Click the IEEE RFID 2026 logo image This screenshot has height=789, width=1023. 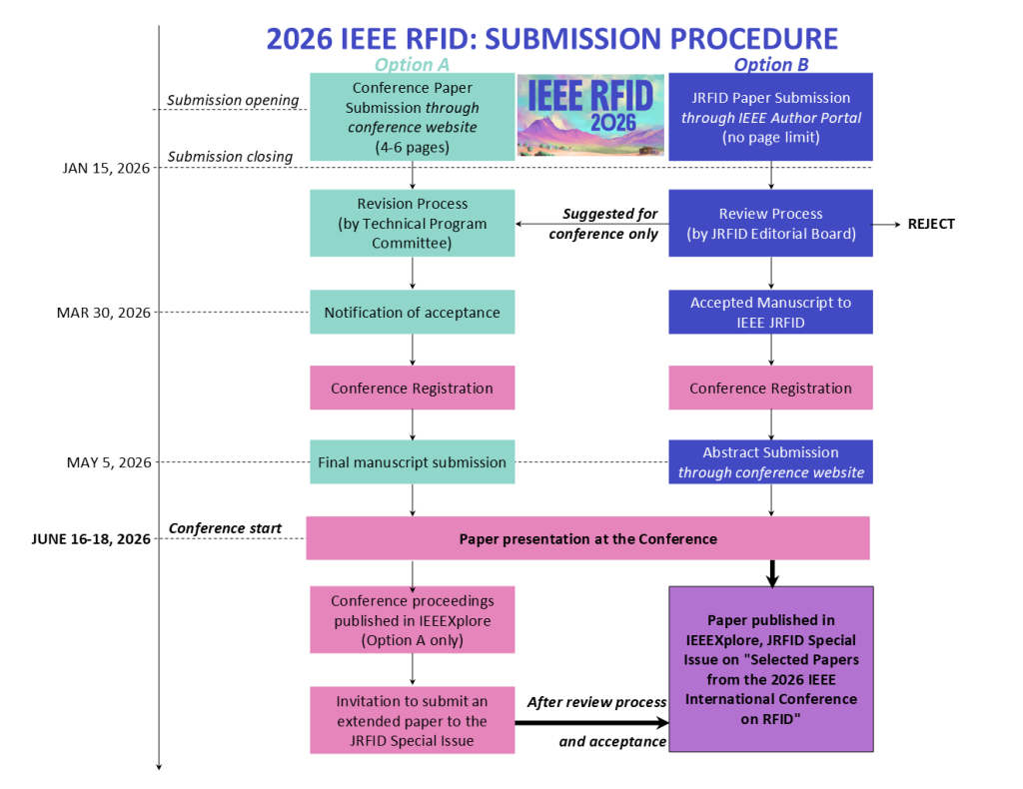click(590, 115)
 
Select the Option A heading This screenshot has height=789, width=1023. click(412, 65)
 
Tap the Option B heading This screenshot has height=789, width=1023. click(771, 65)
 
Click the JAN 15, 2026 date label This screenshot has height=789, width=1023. click(106, 168)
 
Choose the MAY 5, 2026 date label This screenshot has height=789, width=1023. click(109, 462)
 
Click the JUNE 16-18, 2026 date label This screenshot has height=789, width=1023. click(91, 539)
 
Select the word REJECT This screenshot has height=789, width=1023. click(931, 224)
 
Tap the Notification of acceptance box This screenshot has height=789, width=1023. click(412, 313)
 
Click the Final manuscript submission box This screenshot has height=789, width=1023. click(412, 462)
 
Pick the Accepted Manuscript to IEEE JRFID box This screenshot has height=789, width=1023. click(771, 312)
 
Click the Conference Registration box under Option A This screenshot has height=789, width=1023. click(412, 389)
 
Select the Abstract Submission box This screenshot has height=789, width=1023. click(771, 462)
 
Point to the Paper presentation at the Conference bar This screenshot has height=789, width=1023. click(587, 539)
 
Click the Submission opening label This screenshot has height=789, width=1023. click(233, 100)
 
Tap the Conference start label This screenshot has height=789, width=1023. click(225, 528)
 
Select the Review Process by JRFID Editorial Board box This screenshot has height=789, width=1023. click(771, 224)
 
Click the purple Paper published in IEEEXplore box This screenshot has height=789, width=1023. click(771, 669)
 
